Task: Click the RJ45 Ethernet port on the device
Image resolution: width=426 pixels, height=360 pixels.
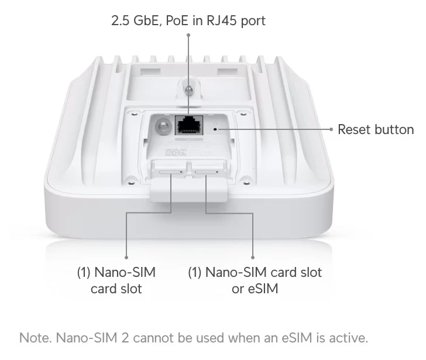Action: pyautogui.click(x=189, y=125)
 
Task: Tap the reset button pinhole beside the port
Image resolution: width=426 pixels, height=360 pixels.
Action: pyautogui.click(x=215, y=129)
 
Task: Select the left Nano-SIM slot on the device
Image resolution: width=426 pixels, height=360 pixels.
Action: pyautogui.click(x=171, y=172)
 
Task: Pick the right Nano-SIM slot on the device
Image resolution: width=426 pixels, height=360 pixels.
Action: pyautogui.click(x=207, y=172)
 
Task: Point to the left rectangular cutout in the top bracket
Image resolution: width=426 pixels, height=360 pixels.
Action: pyautogui.click(x=150, y=71)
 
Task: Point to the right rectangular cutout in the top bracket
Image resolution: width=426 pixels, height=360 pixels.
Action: pyautogui.click(x=227, y=71)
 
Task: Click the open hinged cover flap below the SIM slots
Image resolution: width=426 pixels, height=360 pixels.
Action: pyautogui.click(x=188, y=189)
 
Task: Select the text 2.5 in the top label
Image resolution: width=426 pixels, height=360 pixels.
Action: pyautogui.click(x=120, y=20)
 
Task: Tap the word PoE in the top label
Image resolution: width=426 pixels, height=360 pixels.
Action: pyautogui.click(x=177, y=20)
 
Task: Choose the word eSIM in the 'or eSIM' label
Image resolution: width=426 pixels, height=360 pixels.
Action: pyautogui.click(x=263, y=289)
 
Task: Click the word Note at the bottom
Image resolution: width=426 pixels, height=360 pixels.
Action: pyautogui.click(x=35, y=338)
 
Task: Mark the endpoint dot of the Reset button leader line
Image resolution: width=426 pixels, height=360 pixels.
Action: pyautogui.click(x=331, y=129)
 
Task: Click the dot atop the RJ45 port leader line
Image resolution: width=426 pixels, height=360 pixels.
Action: pyautogui.click(x=188, y=35)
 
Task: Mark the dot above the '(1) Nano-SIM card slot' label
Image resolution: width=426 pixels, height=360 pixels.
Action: pyautogui.click(x=126, y=258)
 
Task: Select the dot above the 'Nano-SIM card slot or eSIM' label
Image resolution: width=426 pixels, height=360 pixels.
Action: pyautogui.click(x=253, y=258)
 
